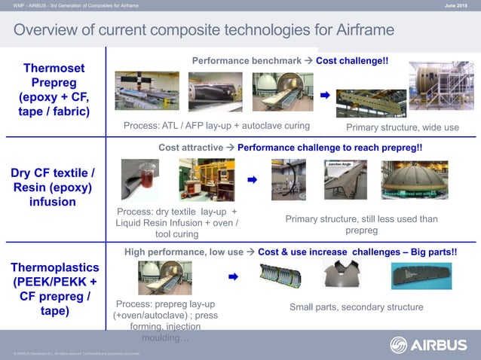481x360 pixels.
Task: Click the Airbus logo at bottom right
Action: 428,345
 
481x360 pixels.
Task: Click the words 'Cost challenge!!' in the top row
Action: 352,59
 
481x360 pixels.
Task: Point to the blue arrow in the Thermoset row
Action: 325,96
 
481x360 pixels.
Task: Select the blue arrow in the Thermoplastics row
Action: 233,277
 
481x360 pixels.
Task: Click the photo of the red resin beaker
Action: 139,179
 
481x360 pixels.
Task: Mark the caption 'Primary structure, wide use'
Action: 402,127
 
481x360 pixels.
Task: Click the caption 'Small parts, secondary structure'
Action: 357,307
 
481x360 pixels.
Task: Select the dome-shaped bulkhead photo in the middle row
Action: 415,180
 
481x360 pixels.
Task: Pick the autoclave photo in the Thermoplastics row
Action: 164,277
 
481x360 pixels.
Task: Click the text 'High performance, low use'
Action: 184,251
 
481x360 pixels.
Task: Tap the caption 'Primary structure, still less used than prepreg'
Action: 361,224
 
